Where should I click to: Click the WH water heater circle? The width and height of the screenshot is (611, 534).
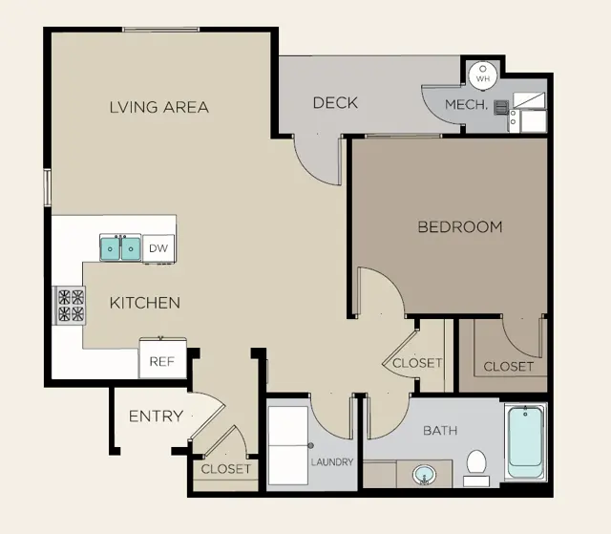pos(483,75)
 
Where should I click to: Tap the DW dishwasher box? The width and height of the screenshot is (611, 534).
pos(158,248)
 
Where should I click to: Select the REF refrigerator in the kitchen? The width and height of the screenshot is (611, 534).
pos(162,358)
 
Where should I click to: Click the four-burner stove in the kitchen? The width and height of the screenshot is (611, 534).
pos(70,306)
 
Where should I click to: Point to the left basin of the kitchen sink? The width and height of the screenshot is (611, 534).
pos(111,248)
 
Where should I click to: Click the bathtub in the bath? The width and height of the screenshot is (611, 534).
pos(526,441)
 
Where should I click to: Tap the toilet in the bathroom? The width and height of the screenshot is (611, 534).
pos(476,468)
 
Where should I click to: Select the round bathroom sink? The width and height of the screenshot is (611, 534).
pos(424,475)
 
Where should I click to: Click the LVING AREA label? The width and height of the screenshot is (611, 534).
pos(159,107)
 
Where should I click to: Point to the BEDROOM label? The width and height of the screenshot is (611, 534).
pos(460,226)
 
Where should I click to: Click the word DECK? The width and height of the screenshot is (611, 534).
pos(335,103)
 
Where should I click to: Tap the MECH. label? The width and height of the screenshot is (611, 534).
pos(467,104)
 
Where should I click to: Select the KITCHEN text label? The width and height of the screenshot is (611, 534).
pos(145,303)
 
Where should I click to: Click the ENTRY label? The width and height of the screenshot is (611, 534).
pos(156,417)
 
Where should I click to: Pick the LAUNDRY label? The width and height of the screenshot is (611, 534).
pos(332,462)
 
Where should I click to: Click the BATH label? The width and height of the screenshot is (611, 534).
pos(440,431)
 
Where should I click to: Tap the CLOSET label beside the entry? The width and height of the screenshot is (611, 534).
pos(226,469)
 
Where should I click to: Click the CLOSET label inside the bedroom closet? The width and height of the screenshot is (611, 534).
pos(509,367)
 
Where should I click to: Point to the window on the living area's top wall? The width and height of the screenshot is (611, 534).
pos(161,30)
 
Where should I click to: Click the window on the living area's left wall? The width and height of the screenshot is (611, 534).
pos(47,187)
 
